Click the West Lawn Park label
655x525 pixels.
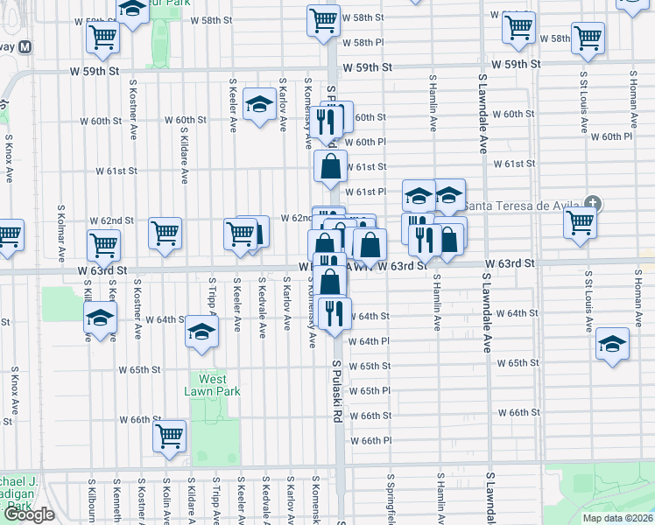pyautogui.click(x=212, y=385)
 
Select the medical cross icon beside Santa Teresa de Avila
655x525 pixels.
pyautogui.click(x=593, y=204)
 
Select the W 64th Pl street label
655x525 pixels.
pyautogui.click(x=369, y=341)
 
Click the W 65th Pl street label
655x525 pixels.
pyautogui.click(x=369, y=390)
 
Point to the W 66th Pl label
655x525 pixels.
pyautogui.click(x=369, y=440)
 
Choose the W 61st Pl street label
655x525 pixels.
pyautogui.click(x=365, y=192)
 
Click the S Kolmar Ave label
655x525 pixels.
pyautogui.click(x=61, y=234)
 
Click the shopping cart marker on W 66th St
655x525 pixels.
pyautogui.click(x=169, y=435)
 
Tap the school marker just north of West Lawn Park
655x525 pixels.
pyautogui.click(x=201, y=332)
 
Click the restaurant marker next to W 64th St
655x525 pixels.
pyautogui.click(x=334, y=313)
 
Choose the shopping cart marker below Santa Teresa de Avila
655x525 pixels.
pyautogui.click(x=581, y=222)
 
